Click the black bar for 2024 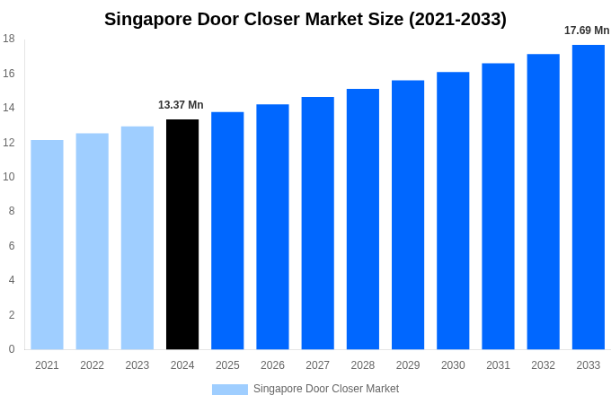pos(182,234)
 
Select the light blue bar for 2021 pos(47,244)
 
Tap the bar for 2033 pos(589,197)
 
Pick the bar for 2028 pos(363,219)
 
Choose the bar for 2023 pos(137,238)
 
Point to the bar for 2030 pos(453,211)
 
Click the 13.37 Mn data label pos(181,105)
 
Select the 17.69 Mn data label pos(587,31)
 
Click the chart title pos(305,19)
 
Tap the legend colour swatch pos(229,389)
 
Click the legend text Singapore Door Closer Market pos(326,389)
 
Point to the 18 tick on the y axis pos(9,39)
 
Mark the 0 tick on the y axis pos(12,349)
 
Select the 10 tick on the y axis pos(9,177)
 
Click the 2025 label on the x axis pos(227,365)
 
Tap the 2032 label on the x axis pos(543,365)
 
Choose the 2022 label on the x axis pos(92,365)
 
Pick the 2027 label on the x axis pos(317,365)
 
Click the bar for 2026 pos(272,227)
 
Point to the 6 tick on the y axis pos(12,246)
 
